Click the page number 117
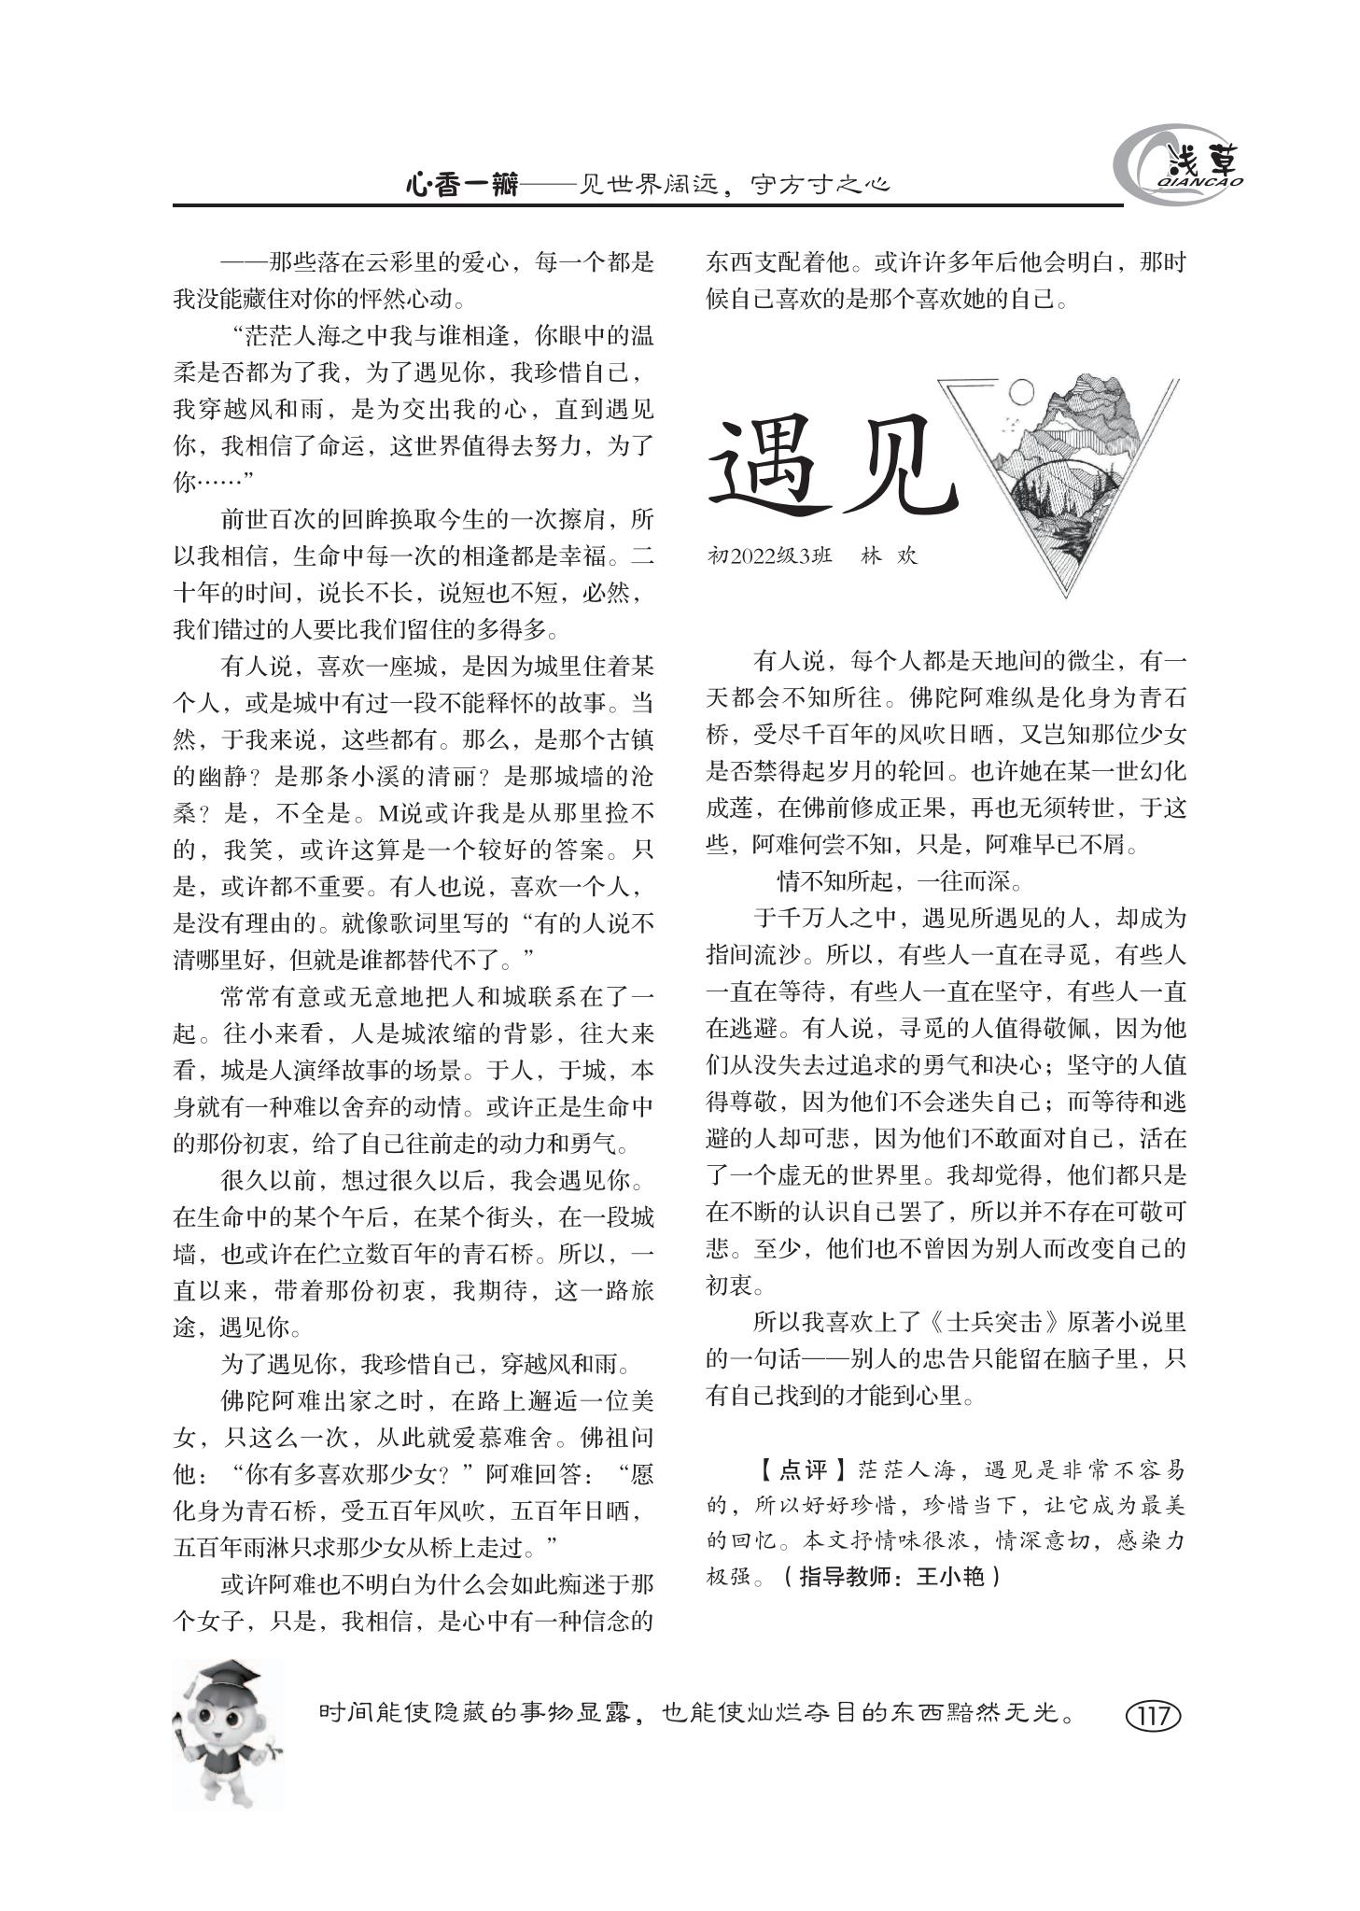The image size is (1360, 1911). (1154, 1715)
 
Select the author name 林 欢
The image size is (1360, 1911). (890, 555)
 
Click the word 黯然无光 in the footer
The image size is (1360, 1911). (1010, 1714)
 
